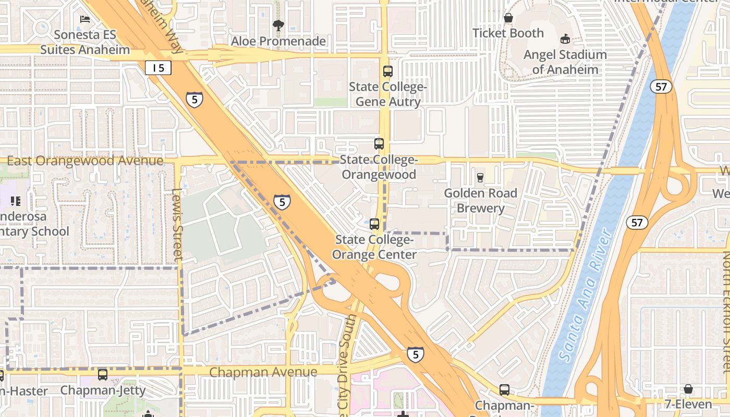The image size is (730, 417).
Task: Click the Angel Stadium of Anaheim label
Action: (x=565, y=62)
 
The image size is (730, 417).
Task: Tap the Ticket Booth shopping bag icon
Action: (x=508, y=18)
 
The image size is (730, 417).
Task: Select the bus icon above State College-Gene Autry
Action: (x=387, y=71)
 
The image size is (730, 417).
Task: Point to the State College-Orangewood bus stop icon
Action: (x=379, y=144)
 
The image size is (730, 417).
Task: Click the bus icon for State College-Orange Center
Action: (x=374, y=224)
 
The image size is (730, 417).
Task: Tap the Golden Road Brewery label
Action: (x=480, y=201)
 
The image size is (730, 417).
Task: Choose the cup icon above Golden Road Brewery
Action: (x=480, y=178)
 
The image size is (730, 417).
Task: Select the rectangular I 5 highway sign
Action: (x=158, y=67)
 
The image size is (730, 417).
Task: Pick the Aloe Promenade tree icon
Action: (x=278, y=25)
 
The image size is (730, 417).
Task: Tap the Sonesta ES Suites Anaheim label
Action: (x=85, y=42)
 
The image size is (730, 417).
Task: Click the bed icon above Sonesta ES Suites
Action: (x=85, y=19)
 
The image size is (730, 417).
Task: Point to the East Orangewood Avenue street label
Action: (x=85, y=161)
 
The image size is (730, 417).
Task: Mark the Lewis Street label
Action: (x=177, y=224)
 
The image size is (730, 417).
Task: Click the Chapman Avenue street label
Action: (x=263, y=372)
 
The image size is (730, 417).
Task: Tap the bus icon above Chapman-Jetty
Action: (x=103, y=374)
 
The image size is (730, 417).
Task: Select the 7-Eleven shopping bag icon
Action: (x=688, y=389)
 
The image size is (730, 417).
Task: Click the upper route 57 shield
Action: (x=661, y=87)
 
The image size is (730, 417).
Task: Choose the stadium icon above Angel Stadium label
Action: (x=565, y=39)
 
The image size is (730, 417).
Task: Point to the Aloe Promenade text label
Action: (x=278, y=41)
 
